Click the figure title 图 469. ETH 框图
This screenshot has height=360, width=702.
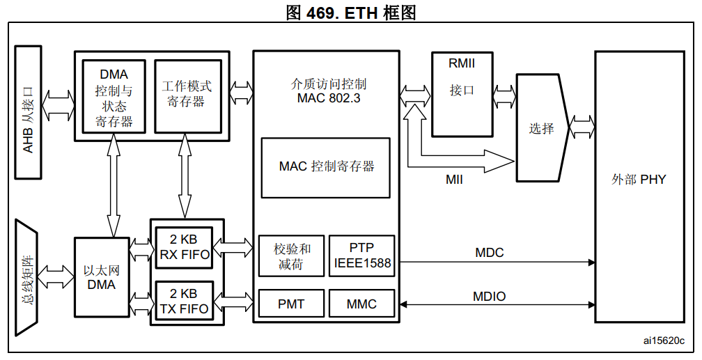coord(351,12)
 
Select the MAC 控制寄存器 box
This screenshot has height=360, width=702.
coord(326,166)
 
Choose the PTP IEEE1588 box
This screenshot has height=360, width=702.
coord(362,256)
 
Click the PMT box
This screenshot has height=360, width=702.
coord(290,304)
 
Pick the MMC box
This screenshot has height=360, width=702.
coord(362,304)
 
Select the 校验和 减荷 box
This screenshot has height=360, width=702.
coord(290,256)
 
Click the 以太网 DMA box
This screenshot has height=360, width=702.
coord(102,277)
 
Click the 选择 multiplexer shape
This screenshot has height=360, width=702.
coord(541,129)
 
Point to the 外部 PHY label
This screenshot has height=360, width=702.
coord(639,180)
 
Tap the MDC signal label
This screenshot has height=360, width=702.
coord(489,252)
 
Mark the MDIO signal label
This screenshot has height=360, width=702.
coord(489,296)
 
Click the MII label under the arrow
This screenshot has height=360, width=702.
coord(454,179)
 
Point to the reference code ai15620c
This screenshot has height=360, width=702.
coord(664,341)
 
